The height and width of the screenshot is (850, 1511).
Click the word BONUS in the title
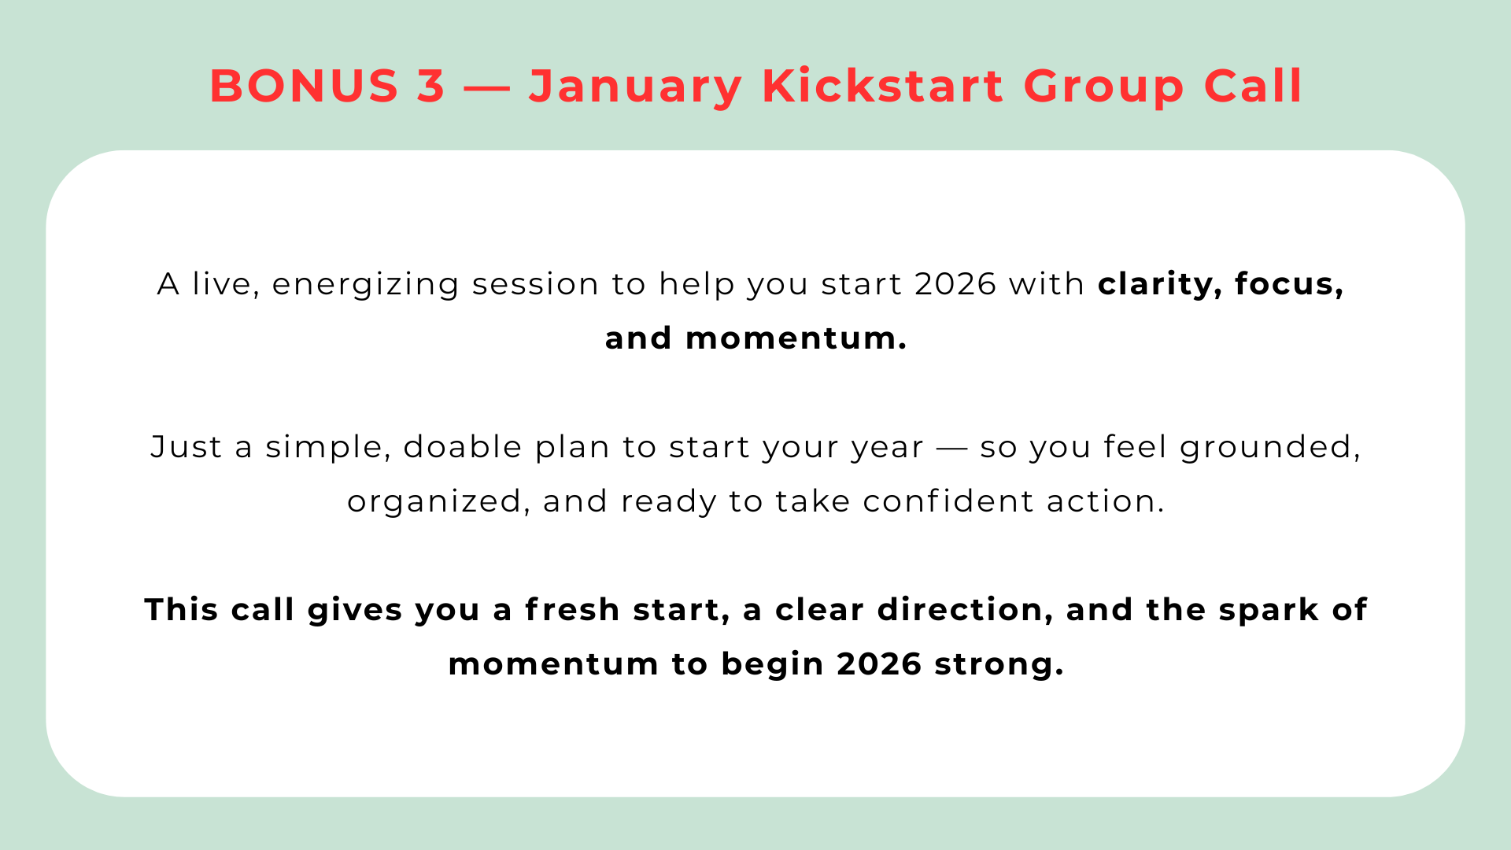click(x=305, y=85)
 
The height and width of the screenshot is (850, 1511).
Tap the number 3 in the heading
click(x=431, y=85)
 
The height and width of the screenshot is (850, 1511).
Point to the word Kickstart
click(x=883, y=85)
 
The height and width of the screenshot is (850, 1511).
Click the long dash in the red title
click(x=487, y=87)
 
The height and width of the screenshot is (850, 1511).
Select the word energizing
click(x=366, y=285)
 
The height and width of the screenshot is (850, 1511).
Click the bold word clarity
click(x=1160, y=285)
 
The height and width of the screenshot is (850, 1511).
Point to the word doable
click(x=463, y=447)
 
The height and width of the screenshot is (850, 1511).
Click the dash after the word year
click(x=952, y=449)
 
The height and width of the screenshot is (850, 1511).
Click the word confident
click(x=948, y=501)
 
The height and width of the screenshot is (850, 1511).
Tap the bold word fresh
click(x=572, y=610)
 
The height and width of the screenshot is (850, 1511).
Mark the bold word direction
click(x=966, y=610)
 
